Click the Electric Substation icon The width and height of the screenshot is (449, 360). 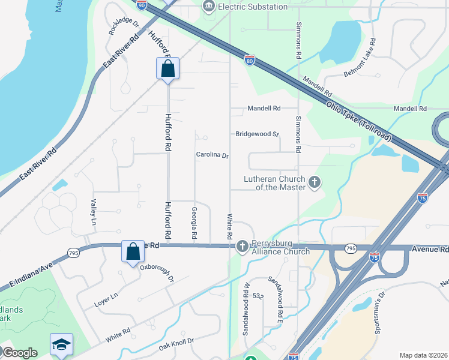click(209, 7)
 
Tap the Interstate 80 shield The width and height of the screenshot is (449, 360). click(250, 60)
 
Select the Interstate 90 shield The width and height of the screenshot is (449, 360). click(142, 5)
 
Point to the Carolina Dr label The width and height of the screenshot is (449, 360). click(212, 155)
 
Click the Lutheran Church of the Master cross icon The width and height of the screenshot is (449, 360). click(314, 182)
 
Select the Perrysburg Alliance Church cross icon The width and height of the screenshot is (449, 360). click(242, 246)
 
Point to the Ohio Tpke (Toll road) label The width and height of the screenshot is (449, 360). click(358, 121)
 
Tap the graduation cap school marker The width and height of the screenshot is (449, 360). click(61, 344)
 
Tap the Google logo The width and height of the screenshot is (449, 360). click(19, 353)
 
